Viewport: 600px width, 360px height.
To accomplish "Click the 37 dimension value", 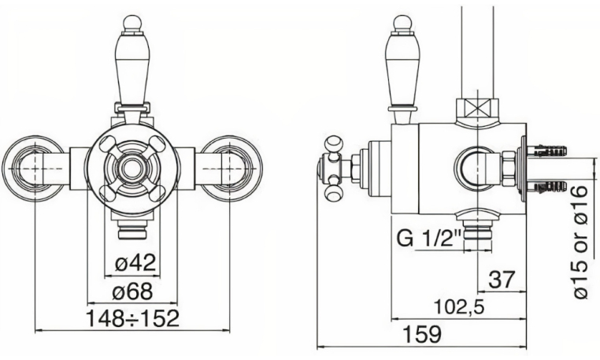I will [x=502, y=278].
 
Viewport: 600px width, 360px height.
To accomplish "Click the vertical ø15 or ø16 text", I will [x=583, y=239].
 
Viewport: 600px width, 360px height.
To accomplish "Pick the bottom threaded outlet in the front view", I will [x=131, y=231].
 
